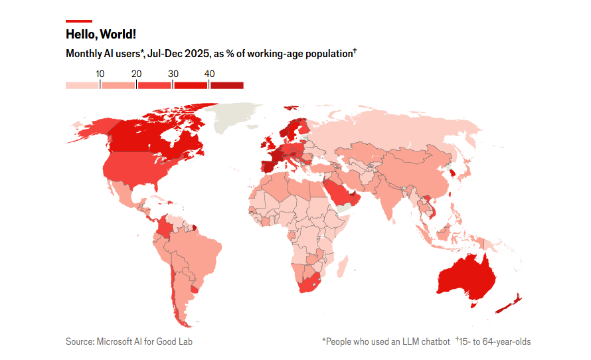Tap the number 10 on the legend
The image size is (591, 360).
(x=100, y=74)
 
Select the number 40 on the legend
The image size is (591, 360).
(x=209, y=74)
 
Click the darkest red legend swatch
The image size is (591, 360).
(x=227, y=85)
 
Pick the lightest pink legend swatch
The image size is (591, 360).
(x=82, y=85)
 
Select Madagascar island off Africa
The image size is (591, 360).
(x=343, y=266)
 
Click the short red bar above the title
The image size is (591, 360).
(x=79, y=21)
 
